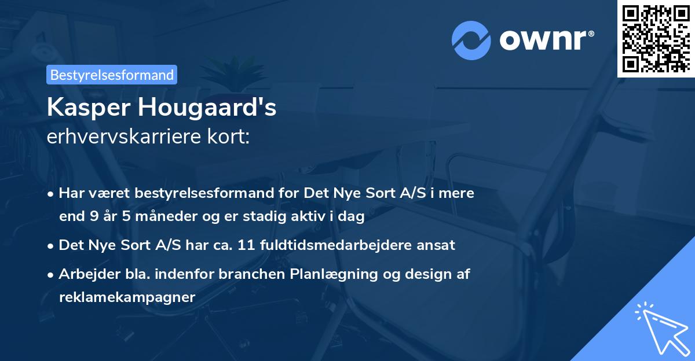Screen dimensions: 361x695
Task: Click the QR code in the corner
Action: click(656, 38)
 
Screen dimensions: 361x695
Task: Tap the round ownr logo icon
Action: click(471, 40)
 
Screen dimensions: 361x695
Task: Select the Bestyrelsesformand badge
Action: click(112, 75)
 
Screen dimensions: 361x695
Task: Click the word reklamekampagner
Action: click(127, 296)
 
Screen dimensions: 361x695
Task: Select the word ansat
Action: click(439, 245)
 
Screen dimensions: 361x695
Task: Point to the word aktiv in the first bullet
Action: click(320, 217)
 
